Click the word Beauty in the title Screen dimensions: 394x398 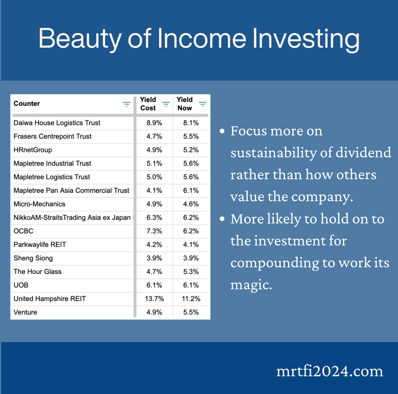[x=80, y=39]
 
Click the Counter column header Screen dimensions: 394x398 [x=27, y=104]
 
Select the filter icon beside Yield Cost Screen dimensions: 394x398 [x=166, y=104]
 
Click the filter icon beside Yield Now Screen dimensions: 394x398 [x=202, y=104]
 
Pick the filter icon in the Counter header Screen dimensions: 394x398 [x=127, y=104]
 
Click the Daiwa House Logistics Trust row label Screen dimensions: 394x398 [x=57, y=123]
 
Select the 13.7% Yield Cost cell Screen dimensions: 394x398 [x=154, y=299]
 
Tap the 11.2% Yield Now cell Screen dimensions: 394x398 [x=191, y=299]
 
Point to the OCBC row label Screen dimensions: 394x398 [x=23, y=231]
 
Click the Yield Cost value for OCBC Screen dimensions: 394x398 [x=154, y=231]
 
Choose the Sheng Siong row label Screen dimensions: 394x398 [x=33, y=258]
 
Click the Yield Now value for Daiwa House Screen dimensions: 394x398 [x=191, y=123]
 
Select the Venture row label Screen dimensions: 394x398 [x=25, y=312]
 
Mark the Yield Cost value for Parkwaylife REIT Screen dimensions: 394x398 [x=154, y=245]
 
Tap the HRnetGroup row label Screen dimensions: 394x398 [x=33, y=150]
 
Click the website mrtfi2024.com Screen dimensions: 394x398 [x=329, y=371]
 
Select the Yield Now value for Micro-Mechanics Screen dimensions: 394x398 [x=191, y=204]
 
